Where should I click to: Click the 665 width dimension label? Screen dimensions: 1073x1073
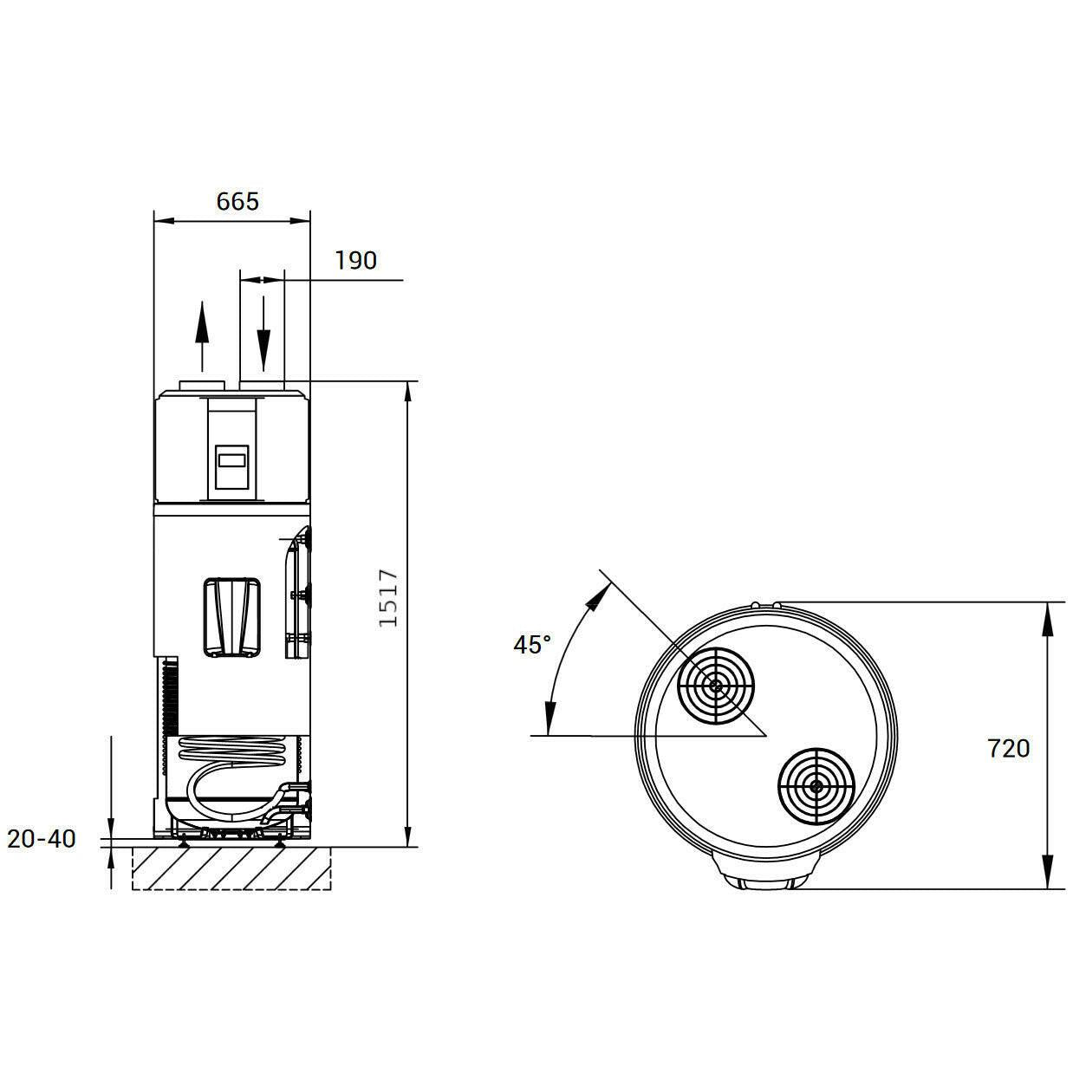237,202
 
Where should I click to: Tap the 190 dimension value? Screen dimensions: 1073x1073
356,261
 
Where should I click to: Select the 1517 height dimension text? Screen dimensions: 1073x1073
388,598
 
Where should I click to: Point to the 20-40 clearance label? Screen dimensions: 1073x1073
42,839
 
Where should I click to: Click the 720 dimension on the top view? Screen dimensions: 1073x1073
1009,748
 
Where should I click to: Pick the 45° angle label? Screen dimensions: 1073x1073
532,644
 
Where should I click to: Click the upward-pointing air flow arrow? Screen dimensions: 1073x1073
202,336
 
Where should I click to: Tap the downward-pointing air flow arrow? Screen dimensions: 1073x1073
263,334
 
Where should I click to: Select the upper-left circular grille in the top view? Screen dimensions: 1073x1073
716,686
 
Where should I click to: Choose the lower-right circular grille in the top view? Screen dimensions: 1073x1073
816,786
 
